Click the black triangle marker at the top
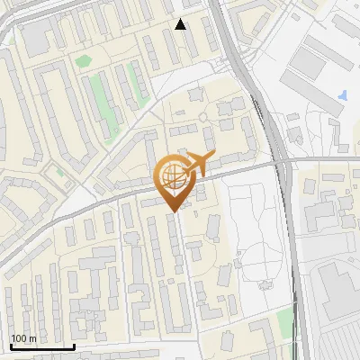(181, 24)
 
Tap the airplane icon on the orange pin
(196, 163)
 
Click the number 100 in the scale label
(19, 338)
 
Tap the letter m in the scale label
(32, 338)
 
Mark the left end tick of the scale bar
(11, 346)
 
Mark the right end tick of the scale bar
(73, 346)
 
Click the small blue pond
(345, 94)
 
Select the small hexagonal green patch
(84, 61)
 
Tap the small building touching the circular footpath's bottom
(265, 284)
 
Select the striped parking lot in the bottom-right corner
(337, 343)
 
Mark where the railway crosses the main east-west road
(282, 163)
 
